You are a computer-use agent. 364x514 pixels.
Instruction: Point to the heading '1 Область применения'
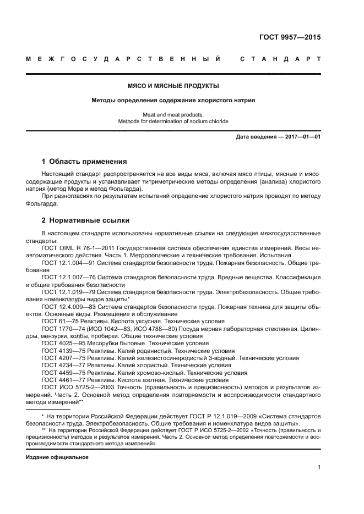pos(84,162)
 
